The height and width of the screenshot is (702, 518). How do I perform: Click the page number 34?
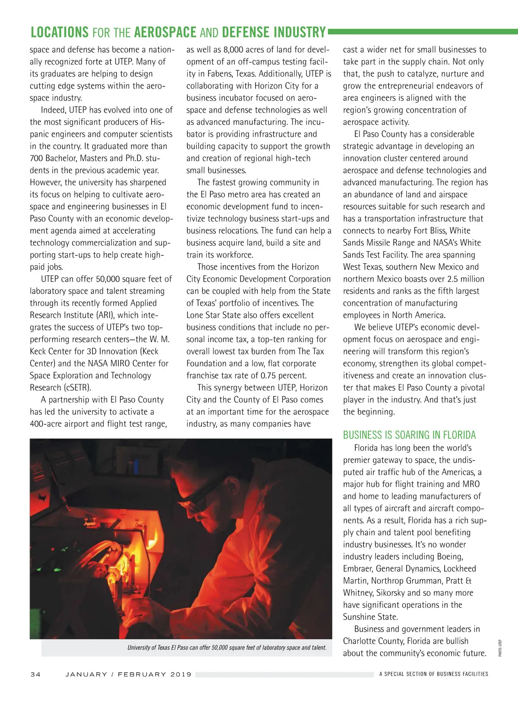point(35,674)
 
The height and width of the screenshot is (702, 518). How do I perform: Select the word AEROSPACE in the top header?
point(165,33)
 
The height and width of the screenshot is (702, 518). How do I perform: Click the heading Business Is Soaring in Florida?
point(409,435)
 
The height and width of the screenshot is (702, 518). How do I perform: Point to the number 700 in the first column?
point(36,158)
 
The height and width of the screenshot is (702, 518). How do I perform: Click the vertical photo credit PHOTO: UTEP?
point(500,648)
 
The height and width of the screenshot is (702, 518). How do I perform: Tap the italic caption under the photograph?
point(227,648)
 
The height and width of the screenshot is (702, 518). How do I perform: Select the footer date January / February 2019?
point(128,674)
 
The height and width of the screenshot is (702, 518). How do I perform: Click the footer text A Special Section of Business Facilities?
point(433,674)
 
